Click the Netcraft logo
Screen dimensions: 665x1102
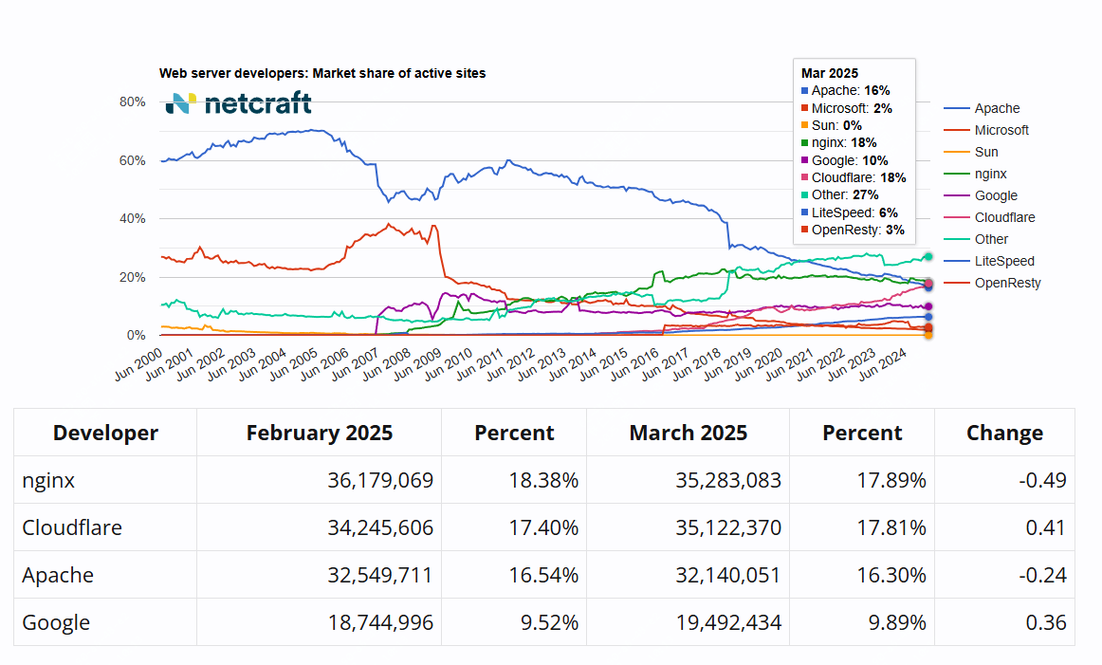click(238, 103)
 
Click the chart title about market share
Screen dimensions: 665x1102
click(322, 73)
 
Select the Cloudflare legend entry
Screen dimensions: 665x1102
click(1003, 217)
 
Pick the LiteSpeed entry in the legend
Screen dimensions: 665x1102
click(1003, 261)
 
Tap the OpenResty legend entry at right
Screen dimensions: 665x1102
click(1007, 283)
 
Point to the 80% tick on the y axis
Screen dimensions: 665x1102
click(132, 102)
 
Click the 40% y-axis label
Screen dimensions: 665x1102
click(132, 218)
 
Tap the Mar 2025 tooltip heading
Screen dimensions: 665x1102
click(830, 73)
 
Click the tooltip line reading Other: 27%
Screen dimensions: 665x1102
click(845, 194)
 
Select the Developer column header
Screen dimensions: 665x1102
click(105, 433)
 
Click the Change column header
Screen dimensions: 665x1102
click(1004, 433)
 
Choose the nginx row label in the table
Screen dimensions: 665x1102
click(48, 480)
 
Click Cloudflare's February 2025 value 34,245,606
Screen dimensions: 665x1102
click(379, 527)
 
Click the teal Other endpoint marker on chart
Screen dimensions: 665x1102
click(928, 256)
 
